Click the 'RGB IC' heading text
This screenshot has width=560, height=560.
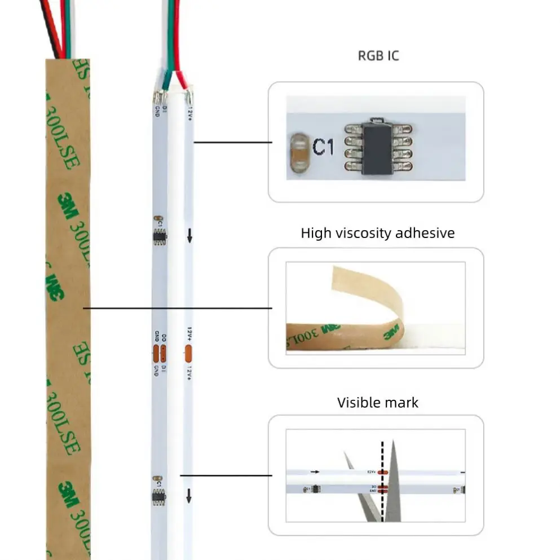click(378, 55)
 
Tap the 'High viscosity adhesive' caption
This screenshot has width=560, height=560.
click(377, 233)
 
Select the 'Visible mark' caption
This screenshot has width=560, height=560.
click(378, 403)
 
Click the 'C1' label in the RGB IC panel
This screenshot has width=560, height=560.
click(323, 148)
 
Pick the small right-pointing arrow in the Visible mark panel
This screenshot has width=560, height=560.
click(315, 471)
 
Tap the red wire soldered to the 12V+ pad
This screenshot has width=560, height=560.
click(179, 68)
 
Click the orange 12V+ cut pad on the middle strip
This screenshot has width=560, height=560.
click(188, 354)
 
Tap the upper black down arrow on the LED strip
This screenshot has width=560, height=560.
click(189, 236)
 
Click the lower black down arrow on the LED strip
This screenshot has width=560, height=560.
click(189, 496)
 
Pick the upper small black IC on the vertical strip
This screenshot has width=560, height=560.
click(158, 236)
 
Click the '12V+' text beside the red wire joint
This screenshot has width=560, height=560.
click(190, 114)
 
